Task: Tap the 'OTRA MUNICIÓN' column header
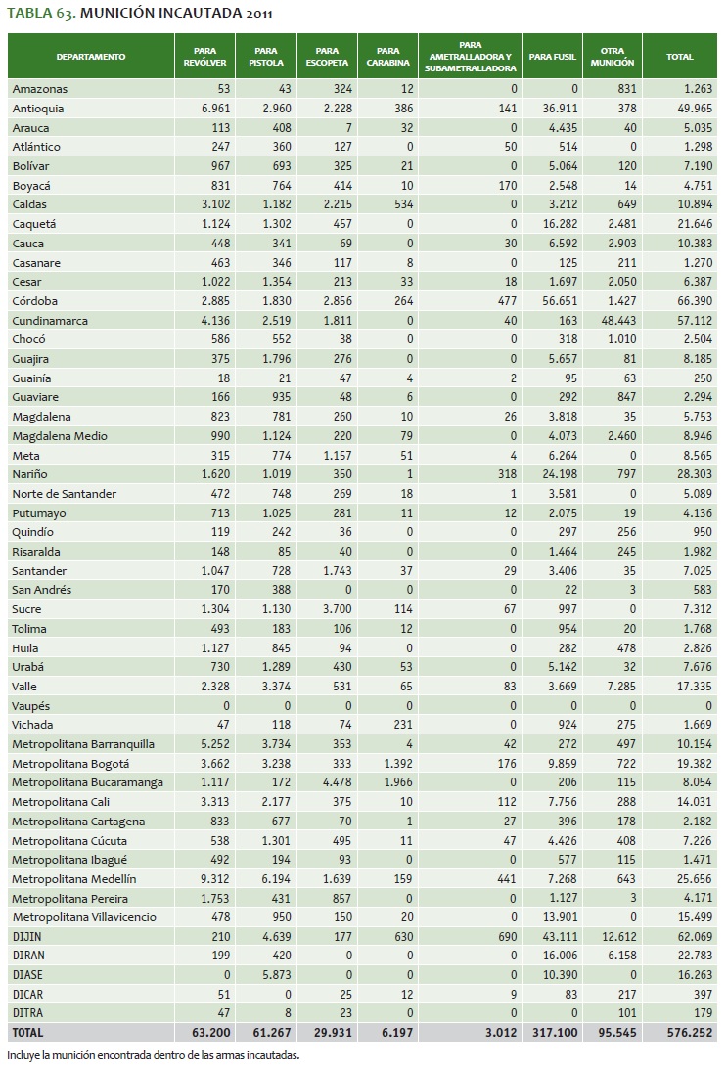(613, 57)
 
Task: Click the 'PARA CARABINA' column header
(387, 57)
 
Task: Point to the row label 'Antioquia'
(38, 109)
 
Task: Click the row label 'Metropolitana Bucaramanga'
(87, 782)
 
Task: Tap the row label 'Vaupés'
(31, 706)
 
